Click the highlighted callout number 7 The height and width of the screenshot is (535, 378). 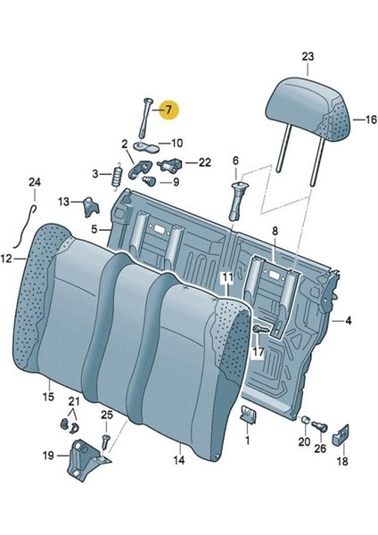pos(165,111)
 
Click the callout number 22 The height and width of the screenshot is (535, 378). pos(205,162)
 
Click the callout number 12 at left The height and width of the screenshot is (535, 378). pos(7,259)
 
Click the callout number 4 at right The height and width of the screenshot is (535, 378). pos(349,319)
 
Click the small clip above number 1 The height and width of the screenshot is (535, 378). pos(248,413)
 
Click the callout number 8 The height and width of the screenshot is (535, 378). pos(275,231)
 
